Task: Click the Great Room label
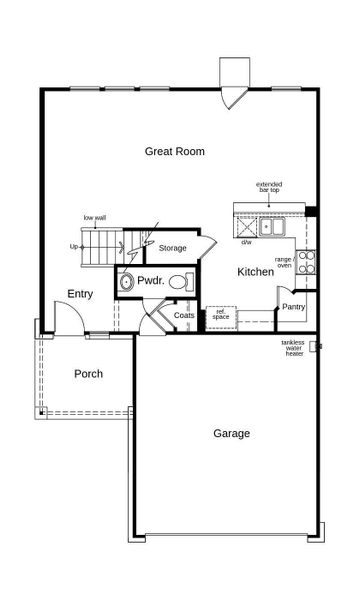coord(175,152)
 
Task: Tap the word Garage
coord(231,433)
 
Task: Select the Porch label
coord(89,374)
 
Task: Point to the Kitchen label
coord(255,272)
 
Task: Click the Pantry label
coord(293,307)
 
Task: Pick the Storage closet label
coord(172,247)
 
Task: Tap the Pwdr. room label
coord(151,281)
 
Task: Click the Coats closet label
coord(184,316)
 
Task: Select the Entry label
coord(81,293)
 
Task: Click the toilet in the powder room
coord(180,282)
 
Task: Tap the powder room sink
coord(126,283)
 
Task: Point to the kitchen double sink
coord(272,227)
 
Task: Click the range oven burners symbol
coord(306,261)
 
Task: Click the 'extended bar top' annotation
coord(269,189)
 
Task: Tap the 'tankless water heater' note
coord(294,348)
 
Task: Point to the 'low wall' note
coord(95,217)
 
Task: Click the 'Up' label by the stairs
coord(73,246)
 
